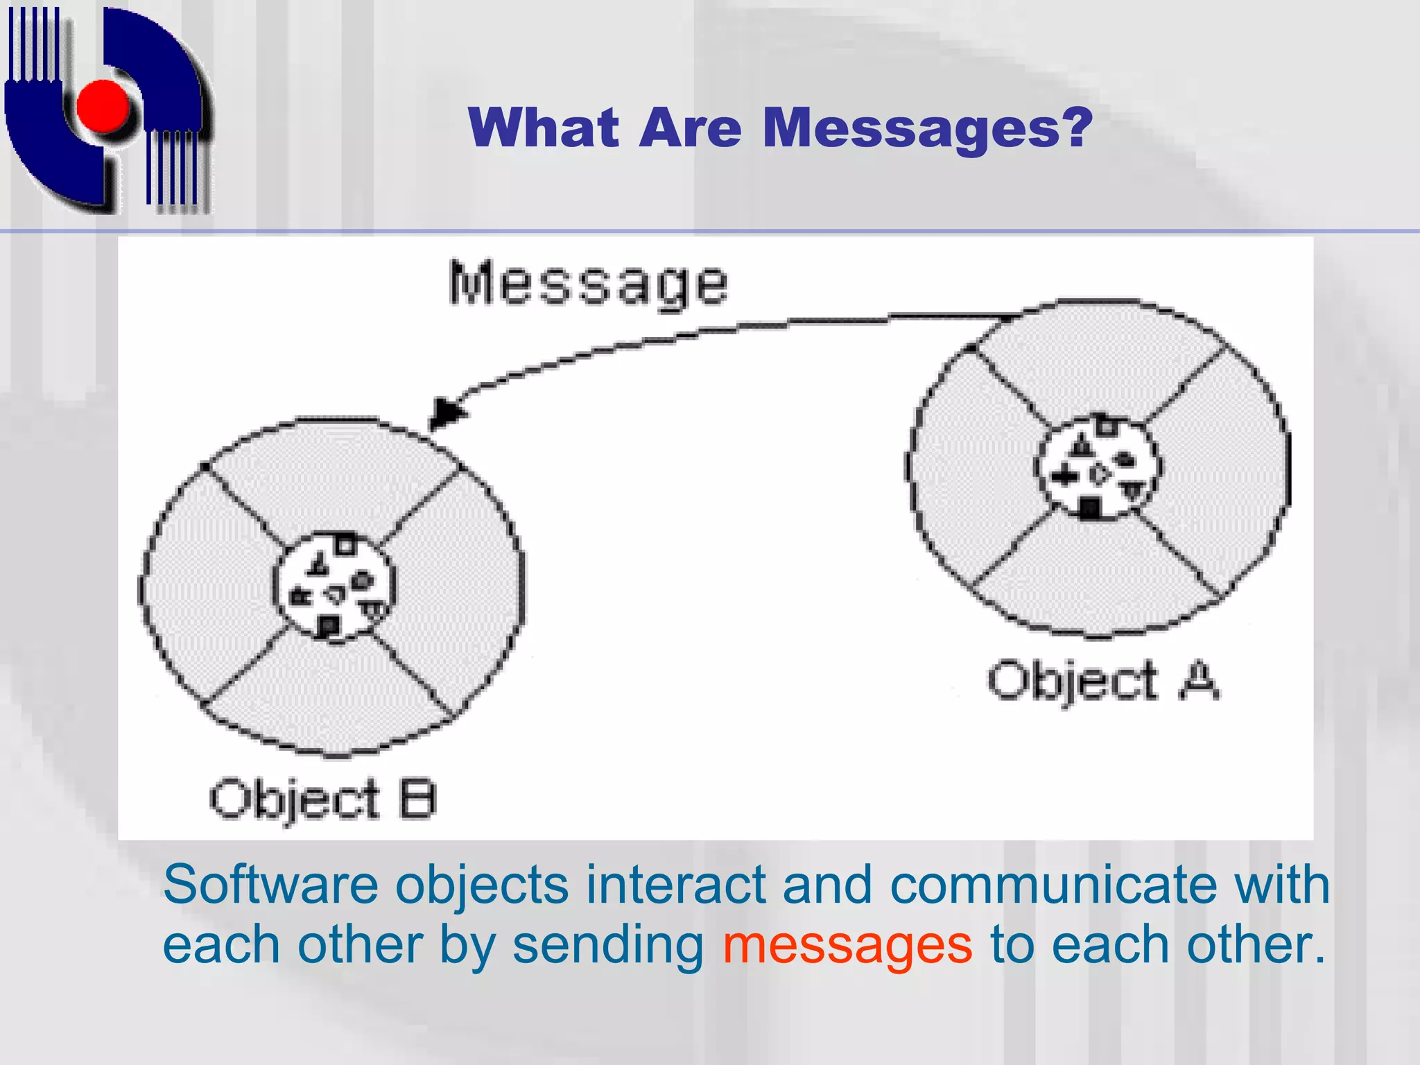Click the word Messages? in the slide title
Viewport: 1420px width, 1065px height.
(927, 128)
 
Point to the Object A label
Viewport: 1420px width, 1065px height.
(1102, 681)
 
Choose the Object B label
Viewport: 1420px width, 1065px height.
(322, 799)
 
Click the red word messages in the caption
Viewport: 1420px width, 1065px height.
(847, 944)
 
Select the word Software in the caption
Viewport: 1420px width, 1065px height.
(270, 885)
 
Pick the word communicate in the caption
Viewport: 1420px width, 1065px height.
(1053, 885)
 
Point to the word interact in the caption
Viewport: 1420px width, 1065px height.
(676, 885)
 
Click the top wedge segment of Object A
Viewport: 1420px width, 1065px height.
(1099, 361)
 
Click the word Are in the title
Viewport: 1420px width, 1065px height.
(691, 128)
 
